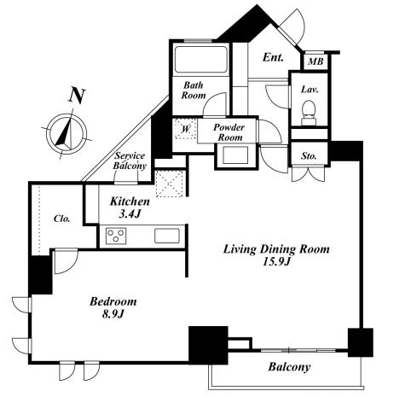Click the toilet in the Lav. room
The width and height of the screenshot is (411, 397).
click(x=309, y=113)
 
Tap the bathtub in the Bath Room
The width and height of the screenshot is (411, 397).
click(x=201, y=59)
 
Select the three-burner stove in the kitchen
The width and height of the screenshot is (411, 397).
click(x=116, y=236)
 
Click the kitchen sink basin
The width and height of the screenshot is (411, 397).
click(x=167, y=236)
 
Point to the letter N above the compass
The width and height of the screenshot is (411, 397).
click(x=77, y=96)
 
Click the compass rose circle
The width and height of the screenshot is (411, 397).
click(x=67, y=134)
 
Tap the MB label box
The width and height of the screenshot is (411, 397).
click(x=315, y=61)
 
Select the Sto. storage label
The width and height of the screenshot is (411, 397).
click(x=309, y=156)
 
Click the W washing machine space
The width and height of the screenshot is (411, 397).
click(x=186, y=129)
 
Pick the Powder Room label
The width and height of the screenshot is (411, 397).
click(x=229, y=132)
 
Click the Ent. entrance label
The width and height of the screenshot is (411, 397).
click(x=273, y=57)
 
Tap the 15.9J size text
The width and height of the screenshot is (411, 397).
click(x=276, y=261)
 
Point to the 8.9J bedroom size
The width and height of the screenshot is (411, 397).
click(x=113, y=314)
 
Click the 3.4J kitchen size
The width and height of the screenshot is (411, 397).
click(x=130, y=213)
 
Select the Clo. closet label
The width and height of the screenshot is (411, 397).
click(x=61, y=219)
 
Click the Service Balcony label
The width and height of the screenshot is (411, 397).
click(x=130, y=161)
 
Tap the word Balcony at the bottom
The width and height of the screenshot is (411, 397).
click(x=289, y=367)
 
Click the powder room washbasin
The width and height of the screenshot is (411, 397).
click(x=235, y=155)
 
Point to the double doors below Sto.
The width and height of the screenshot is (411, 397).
click(x=309, y=173)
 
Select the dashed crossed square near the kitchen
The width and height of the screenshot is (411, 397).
click(x=170, y=184)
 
